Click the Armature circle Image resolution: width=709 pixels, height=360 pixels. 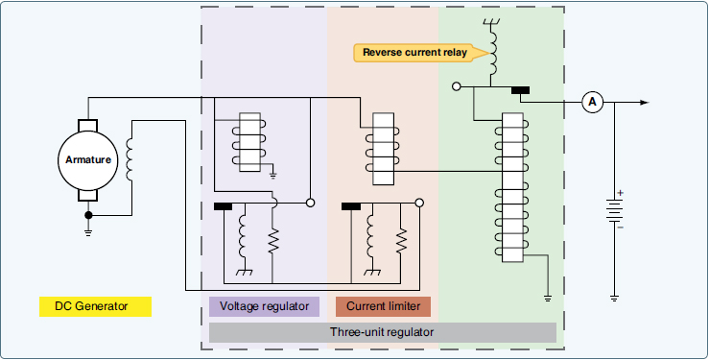coord(88,160)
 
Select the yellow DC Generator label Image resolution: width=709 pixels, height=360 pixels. coord(95,307)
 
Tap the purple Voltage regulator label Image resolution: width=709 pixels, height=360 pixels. coord(264,306)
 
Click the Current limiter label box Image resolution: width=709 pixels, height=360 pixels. coord(383,306)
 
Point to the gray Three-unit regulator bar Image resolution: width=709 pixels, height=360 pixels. coord(382,332)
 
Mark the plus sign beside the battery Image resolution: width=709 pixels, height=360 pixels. coord(620,193)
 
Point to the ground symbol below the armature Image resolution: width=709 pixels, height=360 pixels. coord(88,228)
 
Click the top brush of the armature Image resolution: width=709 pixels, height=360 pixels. coord(88,127)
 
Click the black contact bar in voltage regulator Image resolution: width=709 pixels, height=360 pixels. coord(223,205)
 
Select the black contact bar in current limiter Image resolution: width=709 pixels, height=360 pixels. coord(351,205)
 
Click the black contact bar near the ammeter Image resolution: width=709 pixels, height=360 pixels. coord(521,91)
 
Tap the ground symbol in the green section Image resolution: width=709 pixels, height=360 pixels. coord(547,298)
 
